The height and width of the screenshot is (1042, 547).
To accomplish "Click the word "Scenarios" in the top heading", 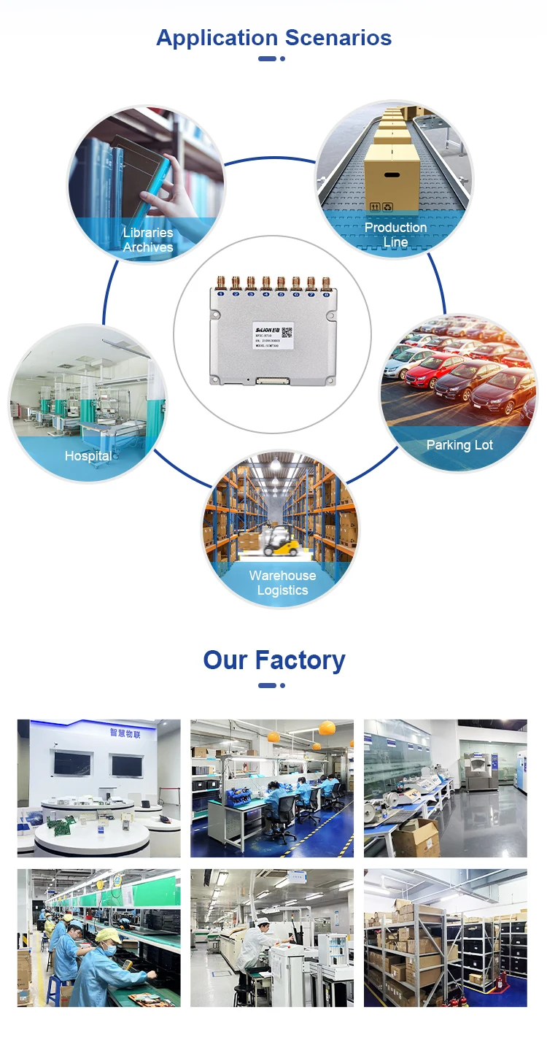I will click(338, 37).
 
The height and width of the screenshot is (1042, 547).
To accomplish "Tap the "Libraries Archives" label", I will click(148, 239).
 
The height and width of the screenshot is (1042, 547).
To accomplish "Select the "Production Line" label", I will click(395, 234).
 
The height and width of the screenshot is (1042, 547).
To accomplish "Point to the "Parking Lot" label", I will click(459, 444).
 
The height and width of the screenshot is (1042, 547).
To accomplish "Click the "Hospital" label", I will click(88, 456).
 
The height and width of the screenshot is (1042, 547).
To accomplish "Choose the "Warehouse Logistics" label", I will click(282, 582).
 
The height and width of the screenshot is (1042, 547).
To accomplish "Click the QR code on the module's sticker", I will click(287, 332).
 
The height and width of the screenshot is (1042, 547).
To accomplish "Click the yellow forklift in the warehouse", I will click(277, 541).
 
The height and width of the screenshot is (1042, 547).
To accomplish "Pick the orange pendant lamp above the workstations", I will click(327, 728).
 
